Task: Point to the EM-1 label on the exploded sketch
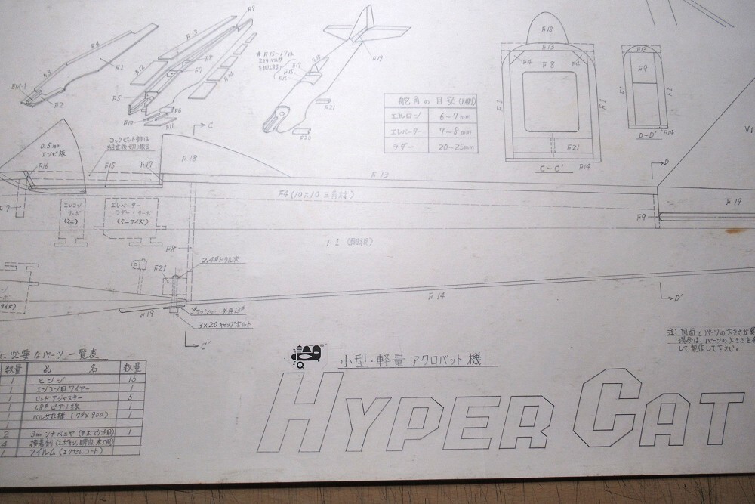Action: click(x=20, y=86)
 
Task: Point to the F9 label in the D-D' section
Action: click(x=643, y=69)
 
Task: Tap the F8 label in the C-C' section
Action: click(x=551, y=65)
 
